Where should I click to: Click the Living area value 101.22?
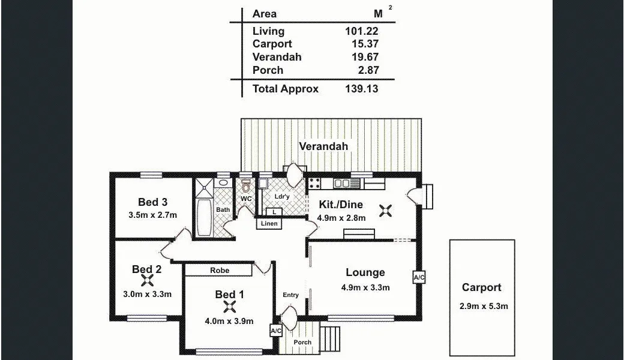pos(362,31)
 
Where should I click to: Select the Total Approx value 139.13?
pos(362,89)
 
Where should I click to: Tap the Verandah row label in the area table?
pos(277,57)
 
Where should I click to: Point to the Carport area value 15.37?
pos(365,44)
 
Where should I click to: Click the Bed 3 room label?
pos(152,202)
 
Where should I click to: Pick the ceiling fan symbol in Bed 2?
pos(146,281)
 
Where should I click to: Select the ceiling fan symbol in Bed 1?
pos(229,307)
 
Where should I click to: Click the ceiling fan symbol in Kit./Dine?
pos(386,209)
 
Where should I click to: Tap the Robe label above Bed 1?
pos(220,271)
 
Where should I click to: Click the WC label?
pos(246,199)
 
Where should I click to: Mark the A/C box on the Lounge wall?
pos(419,277)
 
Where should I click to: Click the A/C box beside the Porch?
pos(275,331)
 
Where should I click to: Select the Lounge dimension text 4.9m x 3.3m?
pos(365,287)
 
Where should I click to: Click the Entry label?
pos(290,295)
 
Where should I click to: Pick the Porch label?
pos(303,343)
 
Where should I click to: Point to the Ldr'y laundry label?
pos(282,196)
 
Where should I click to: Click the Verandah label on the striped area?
pos(323,146)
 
